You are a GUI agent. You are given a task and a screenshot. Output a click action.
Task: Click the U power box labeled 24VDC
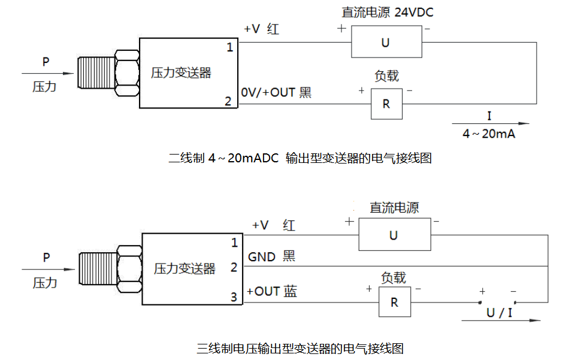pyautogui.click(x=386, y=43)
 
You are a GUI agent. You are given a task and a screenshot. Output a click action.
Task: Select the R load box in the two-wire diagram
pyautogui.click(x=386, y=104)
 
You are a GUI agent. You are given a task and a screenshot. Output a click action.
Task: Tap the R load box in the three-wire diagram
pyautogui.click(x=394, y=302)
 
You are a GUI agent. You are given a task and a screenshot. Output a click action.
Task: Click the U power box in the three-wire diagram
pyautogui.click(x=394, y=235)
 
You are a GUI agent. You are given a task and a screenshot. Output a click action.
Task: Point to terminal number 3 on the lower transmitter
pyautogui.click(x=234, y=297)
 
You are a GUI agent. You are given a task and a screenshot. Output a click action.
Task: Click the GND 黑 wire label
pyautogui.click(x=271, y=257)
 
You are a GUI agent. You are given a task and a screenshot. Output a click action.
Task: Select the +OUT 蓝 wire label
pyautogui.click(x=272, y=292)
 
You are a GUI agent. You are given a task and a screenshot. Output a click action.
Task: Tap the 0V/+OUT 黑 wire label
pyautogui.click(x=276, y=93)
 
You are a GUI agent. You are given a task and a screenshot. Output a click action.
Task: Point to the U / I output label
pyautogui.click(x=499, y=312)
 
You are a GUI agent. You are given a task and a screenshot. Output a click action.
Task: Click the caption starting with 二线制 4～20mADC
pyautogui.click(x=300, y=158)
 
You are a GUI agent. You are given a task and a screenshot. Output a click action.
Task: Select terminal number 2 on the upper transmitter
pyautogui.click(x=228, y=101)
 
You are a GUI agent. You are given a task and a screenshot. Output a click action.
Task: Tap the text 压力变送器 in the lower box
pyautogui.click(x=184, y=268)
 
